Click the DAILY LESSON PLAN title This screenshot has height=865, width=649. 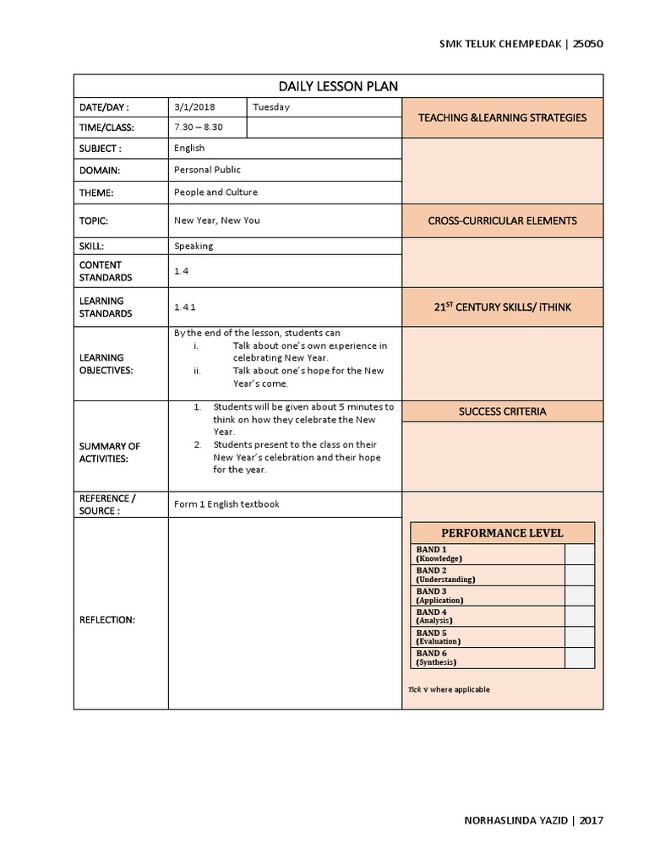(338, 86)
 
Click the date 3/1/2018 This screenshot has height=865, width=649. (194, 107)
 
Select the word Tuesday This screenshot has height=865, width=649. (271, 107)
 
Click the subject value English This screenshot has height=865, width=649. (189, 148)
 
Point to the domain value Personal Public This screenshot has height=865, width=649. (208, 170)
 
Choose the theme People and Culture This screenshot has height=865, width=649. (215, 192)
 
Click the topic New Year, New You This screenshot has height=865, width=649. (217, 220)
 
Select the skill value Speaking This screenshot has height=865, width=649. (194, 246)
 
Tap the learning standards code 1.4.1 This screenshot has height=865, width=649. (185, 307)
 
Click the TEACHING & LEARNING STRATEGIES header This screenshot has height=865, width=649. (502, 117)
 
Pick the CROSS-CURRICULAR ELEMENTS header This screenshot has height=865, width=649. (502, 220)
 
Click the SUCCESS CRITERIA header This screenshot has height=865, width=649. (502, 411)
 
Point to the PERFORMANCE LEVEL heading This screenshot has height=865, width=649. (502, 533)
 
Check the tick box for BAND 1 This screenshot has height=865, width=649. (579, 554)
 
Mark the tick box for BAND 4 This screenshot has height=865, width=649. (579, 617)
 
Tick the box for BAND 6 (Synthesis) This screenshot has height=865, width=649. (579, 658)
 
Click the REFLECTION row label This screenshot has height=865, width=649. (107, 620)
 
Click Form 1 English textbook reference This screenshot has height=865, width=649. (226, 504)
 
